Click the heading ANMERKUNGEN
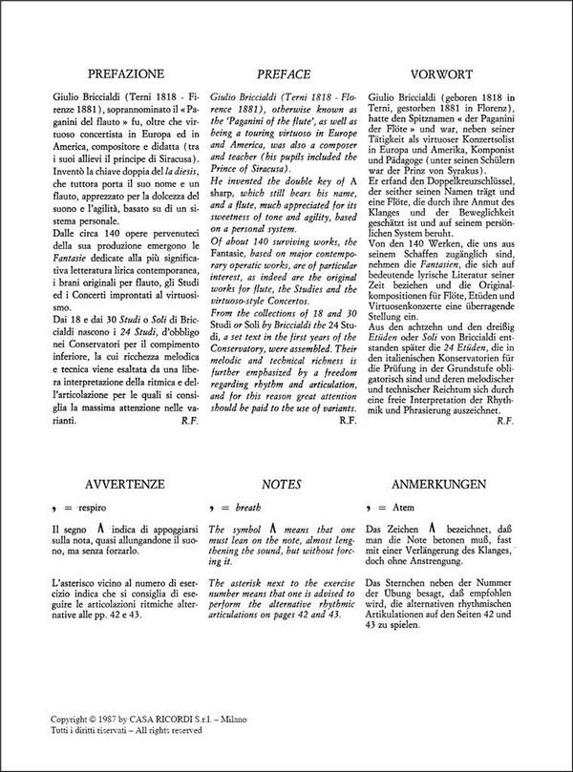431,484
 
